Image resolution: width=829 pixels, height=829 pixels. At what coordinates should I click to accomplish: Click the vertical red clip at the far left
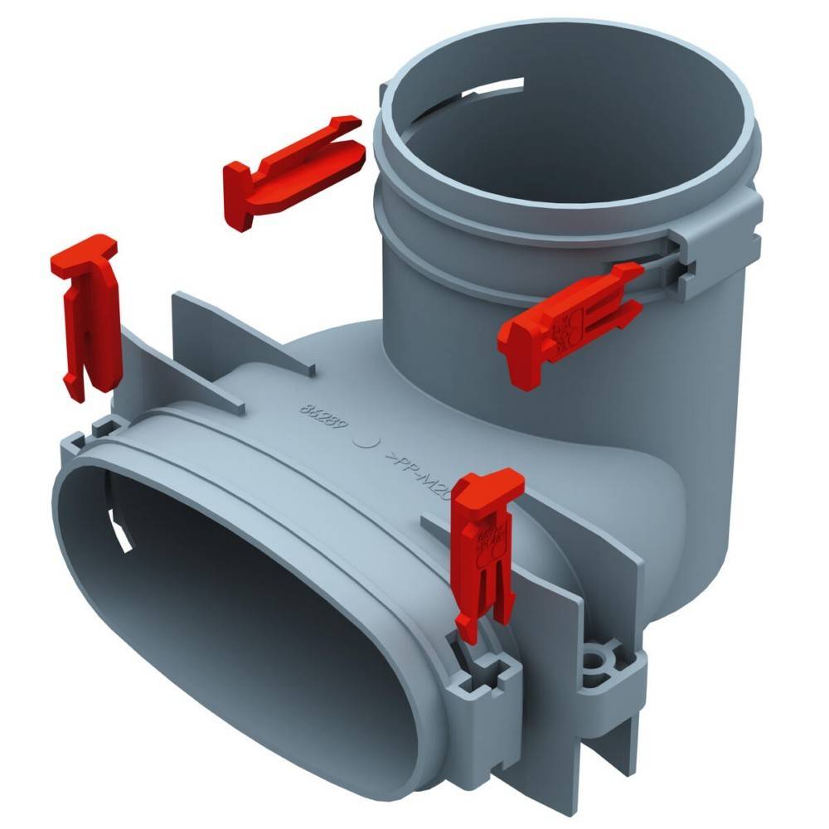click(x=87, y=315)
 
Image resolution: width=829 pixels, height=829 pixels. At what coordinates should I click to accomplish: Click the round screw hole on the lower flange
click(x=594, y=663)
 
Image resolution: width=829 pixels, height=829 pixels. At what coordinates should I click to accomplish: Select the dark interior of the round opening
click(x=580, y=124)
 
